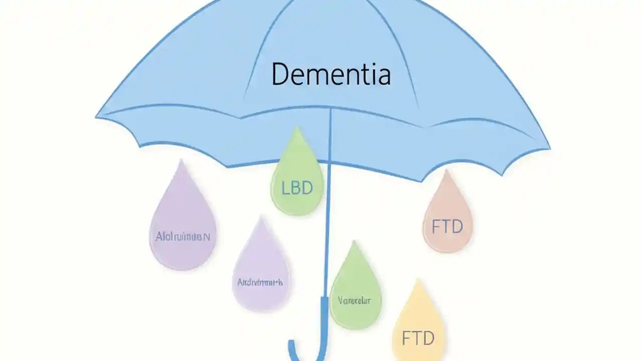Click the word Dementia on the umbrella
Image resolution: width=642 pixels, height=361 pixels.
coord(331,74)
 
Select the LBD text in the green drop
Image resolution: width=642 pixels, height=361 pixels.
coord(297,188)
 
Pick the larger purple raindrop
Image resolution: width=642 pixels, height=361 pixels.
coord(183,226)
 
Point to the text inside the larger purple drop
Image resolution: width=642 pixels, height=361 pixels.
coord(183,237)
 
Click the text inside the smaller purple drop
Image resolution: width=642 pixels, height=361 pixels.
coord(260,282)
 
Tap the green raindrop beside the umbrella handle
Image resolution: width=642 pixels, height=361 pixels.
coord(355,291)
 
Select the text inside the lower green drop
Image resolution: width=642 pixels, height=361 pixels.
coord(354,300)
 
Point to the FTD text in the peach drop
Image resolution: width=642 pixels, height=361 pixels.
coord(447,227)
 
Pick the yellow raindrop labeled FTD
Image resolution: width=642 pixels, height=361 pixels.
coord(418,326)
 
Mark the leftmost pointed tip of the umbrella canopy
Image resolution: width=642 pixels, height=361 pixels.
coord(96,117)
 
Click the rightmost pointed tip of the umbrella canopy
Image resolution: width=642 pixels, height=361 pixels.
coord(550,148)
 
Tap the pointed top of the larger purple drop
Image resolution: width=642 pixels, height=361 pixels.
coord(181,161)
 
